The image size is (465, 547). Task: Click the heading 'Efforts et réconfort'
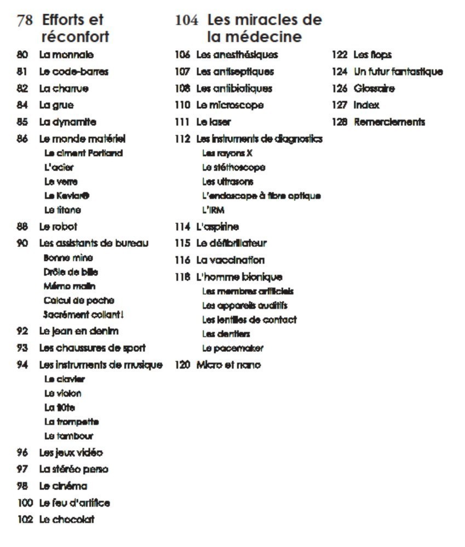[74, 28]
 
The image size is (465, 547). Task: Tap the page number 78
[25, 21]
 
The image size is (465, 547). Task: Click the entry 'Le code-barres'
[73, 72]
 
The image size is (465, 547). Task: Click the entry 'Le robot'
[58, 226]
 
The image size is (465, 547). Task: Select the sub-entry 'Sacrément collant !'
[83, 315]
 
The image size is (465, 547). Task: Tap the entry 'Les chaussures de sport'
[92, 348]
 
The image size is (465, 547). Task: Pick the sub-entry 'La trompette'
[72, 422]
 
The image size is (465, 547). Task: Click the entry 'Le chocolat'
[66, 520]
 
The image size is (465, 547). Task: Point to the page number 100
[26, 503]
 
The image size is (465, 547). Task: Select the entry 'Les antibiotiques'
[234, 89]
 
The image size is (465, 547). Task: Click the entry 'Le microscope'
[229, 105]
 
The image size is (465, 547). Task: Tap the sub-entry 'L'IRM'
[214, 210]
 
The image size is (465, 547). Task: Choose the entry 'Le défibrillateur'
[231, 243]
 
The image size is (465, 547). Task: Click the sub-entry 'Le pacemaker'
[232, 348]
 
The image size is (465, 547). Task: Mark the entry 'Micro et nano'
[228, 365]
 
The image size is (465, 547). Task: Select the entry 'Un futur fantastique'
[398, 72]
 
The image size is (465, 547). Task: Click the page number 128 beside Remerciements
[340, 122]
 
